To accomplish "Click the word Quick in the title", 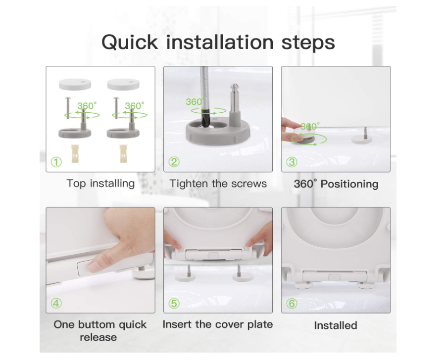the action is [130, 43].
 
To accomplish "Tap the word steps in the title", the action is [308, 43].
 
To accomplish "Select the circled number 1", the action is [56, 162].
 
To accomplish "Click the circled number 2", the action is [174, 162].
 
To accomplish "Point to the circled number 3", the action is [292, 162].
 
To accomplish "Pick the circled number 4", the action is [56, 303].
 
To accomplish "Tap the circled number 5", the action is [174, 303].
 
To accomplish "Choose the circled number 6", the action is [292, 303].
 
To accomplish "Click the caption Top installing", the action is [100, 183].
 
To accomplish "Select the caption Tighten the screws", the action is [218, 183].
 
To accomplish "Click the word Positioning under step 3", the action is [349, 184].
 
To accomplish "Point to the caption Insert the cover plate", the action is [218, 324].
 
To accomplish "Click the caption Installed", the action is [336, 325].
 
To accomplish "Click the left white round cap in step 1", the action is [75, 85].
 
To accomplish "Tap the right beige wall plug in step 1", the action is [123, 153].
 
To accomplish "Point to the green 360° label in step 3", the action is [310, 127].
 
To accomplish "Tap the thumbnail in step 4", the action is [93, 267].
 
